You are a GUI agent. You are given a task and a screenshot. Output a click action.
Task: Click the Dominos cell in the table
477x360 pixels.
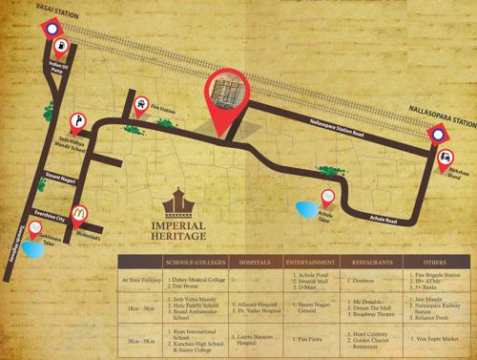369,281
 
